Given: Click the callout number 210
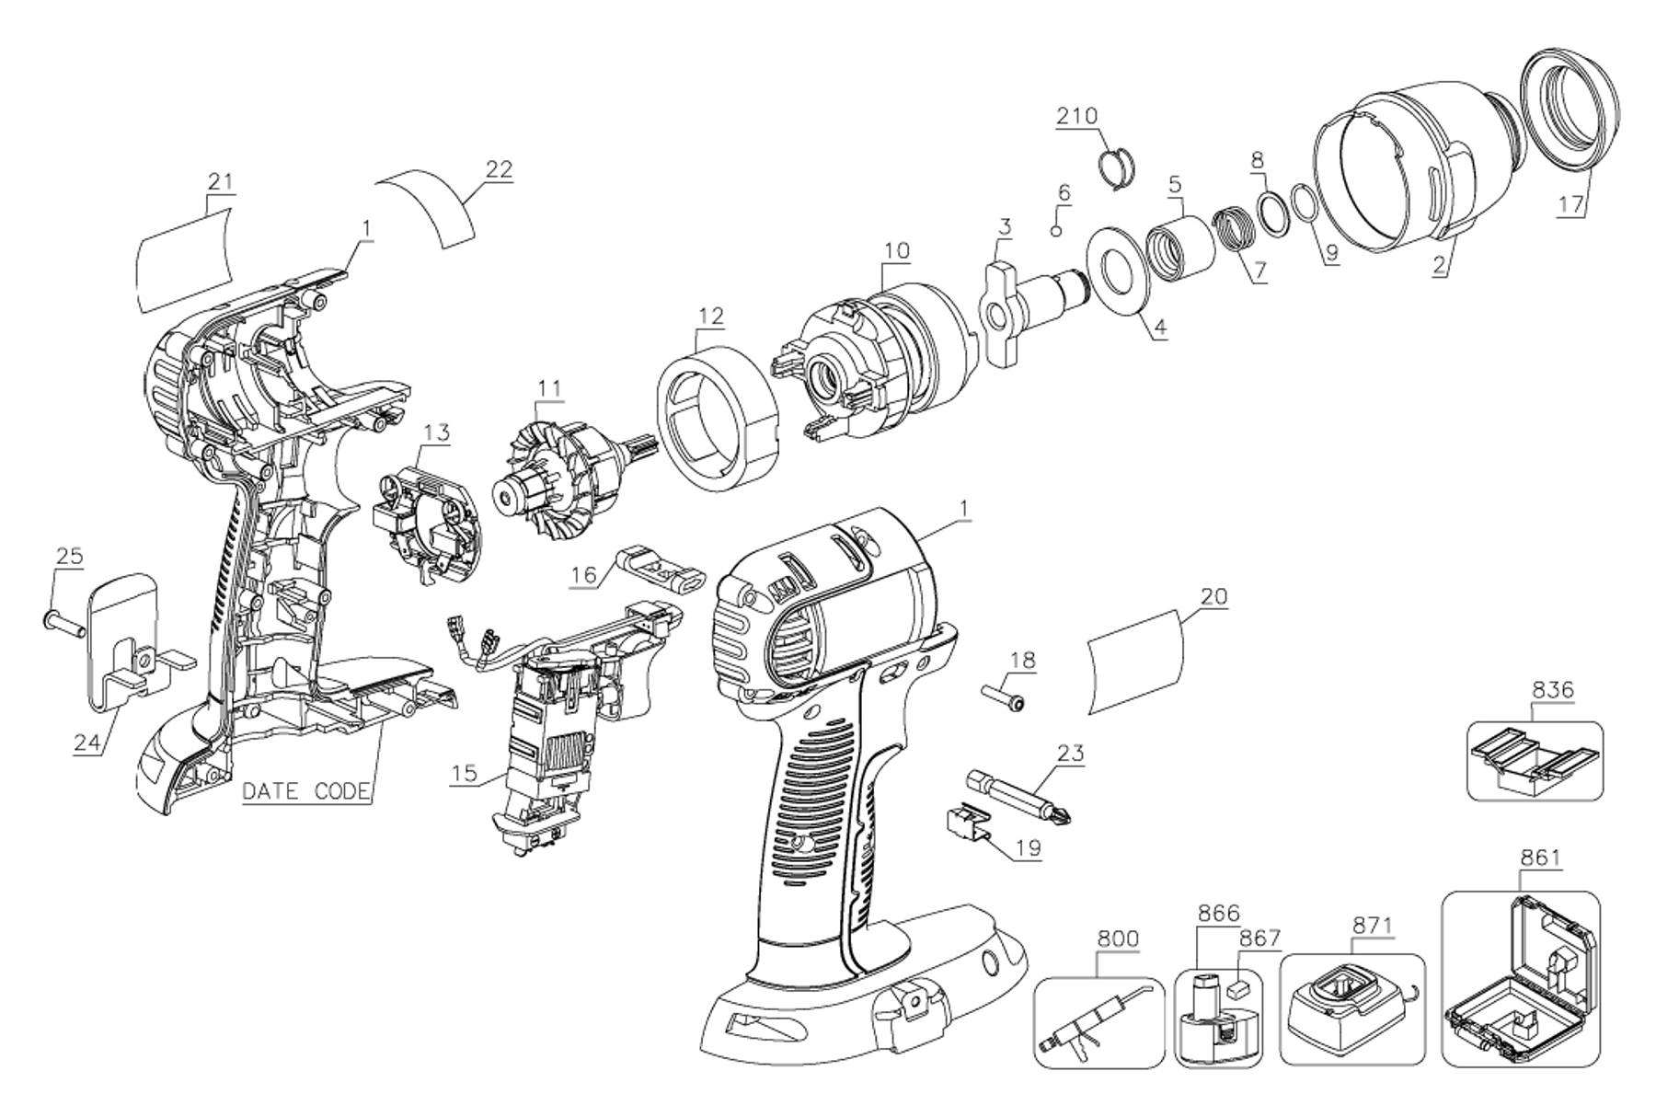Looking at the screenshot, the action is [1077, 116].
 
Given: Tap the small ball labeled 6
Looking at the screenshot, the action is [1057, 229].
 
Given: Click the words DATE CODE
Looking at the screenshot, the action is [306, 791].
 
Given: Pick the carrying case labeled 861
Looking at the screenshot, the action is [1518, 981].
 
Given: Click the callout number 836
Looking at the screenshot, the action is [1552, 688].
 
